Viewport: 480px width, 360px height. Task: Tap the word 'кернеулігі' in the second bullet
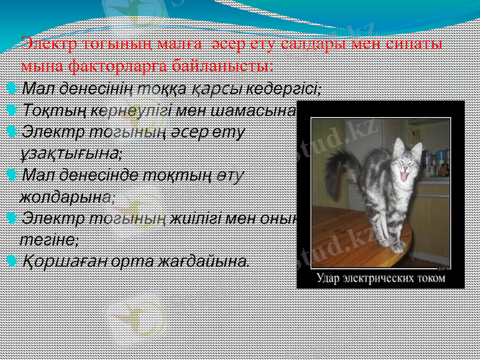(132, 111)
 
